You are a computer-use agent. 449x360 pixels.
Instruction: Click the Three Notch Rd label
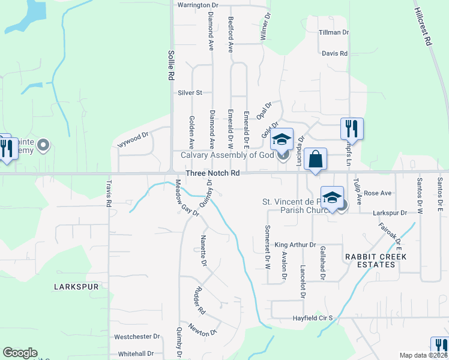(x=213, y=173)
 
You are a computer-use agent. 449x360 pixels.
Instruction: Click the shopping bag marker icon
(x=315, y=160)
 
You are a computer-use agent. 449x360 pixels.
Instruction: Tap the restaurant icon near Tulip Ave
(x=351, y=128)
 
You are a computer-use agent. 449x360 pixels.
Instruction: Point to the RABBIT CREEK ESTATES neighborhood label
(x=375, y=261)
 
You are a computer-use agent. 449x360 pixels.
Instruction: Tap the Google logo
(x=20, y=353)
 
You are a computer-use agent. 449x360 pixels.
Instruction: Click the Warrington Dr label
(x=197, y=5)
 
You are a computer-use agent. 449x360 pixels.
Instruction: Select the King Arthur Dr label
(x=295, y=245)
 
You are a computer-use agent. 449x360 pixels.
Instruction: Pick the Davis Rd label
(x=334, y=53)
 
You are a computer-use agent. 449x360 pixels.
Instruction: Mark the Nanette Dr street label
(x=203, y=254)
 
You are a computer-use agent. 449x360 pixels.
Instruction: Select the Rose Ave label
(x=378, y=193)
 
